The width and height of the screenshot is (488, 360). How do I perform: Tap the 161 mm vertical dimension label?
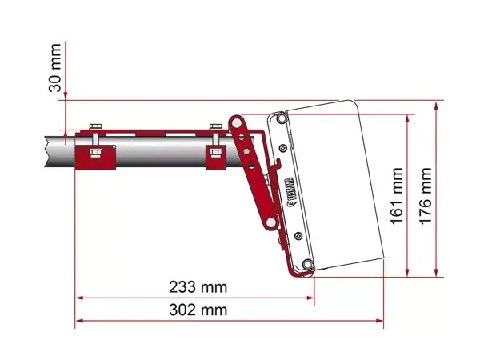(x=398, y=198)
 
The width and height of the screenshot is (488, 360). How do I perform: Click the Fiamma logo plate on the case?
(x=290, y=191)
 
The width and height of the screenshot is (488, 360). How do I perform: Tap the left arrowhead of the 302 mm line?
(x=78, y=322)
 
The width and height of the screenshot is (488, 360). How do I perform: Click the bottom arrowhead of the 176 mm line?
(x=437, y=272)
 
